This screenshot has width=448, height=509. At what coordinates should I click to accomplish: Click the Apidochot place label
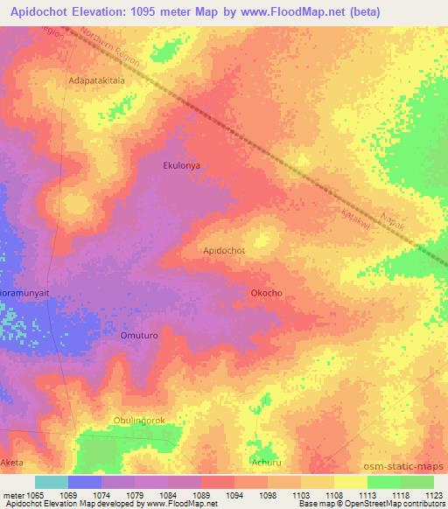(x=224, y=250)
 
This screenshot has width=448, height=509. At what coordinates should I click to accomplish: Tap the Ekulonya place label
(x=182, y=164)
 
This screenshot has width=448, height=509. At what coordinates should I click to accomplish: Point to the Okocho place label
(x=266, y=293)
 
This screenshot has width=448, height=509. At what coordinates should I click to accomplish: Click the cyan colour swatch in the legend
(x=52, y=482)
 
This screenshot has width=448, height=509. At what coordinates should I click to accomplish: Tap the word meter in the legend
(x=12, y=495)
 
